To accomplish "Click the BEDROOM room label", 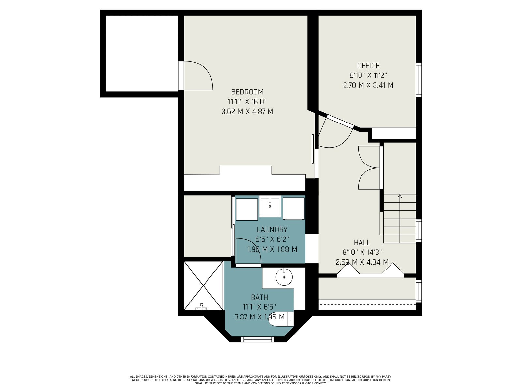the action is coord(247,92).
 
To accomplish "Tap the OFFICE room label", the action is coord(368,66).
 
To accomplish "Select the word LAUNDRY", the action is coord(272,230).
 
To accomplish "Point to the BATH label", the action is coord(259,297).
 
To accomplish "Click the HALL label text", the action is coord(362,242).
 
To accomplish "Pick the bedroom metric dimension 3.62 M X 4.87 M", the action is coord(247,111).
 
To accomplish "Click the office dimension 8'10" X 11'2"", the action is coord(368,75).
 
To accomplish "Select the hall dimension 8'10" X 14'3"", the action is coord(362,252).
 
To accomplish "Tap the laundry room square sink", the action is coord(270,206).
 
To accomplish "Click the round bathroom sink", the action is coord(284,277).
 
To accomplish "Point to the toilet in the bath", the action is coord(281,319).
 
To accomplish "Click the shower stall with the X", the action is coord(203,286).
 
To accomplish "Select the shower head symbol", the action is coord(201,307).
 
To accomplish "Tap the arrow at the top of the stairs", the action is coord(400,197).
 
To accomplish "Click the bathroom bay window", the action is coord(258,339).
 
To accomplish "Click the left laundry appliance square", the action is coord(247,209).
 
